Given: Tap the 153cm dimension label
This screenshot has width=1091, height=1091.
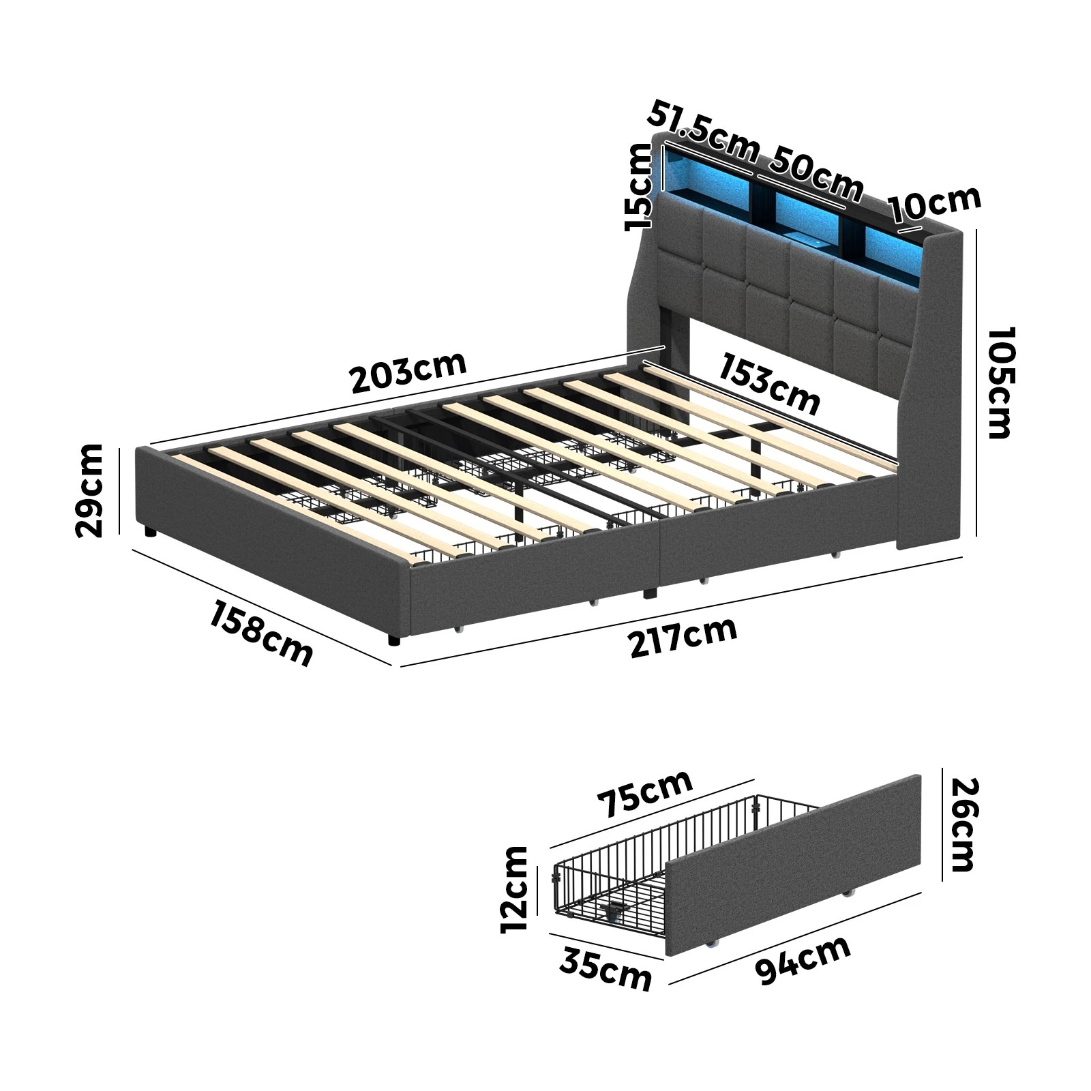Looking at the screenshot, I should [770, 384].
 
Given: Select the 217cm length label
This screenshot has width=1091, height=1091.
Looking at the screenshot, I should [683, 638].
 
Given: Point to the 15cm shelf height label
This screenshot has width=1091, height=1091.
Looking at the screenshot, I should [639, 188].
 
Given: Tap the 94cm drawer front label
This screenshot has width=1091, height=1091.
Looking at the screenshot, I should [803, 960].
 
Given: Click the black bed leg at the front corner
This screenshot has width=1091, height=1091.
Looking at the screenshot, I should [394, 640].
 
